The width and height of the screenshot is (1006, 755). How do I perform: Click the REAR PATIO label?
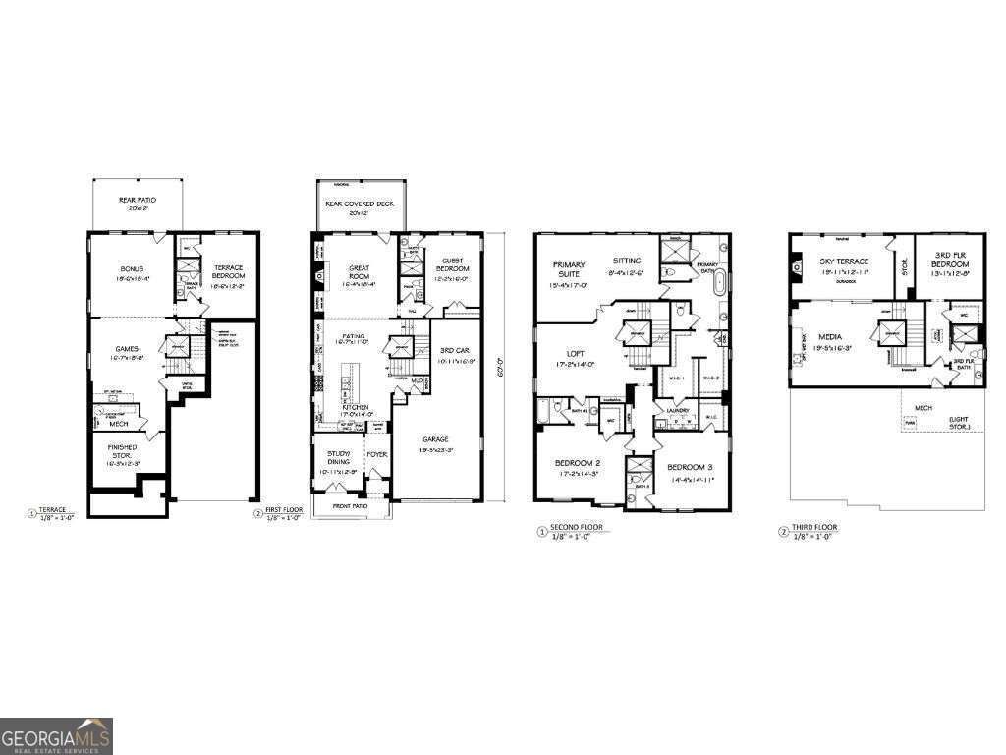click(137, 201)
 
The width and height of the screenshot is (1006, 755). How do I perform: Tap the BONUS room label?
click(131, 269)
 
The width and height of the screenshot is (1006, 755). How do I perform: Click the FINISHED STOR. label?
click(123, 451)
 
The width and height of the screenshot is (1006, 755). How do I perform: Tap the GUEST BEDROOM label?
click(452, 266)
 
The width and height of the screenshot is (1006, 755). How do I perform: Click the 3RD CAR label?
click(453, 350)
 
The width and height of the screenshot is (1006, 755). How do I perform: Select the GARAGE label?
click(436, 439)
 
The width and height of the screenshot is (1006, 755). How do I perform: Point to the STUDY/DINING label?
click(338, 459)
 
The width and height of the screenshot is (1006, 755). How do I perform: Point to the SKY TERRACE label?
click(844, 261)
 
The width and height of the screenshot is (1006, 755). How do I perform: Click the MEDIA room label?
click(830, 336)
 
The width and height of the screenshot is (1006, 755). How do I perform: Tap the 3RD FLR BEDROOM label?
click(949, 261)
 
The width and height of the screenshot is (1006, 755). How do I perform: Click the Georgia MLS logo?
click(56, 736)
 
